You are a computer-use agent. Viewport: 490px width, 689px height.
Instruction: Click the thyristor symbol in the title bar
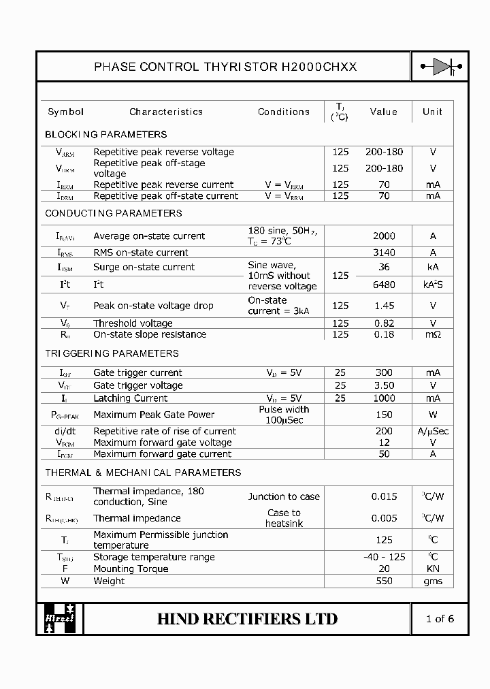pyautogui.click(x=440, y=66)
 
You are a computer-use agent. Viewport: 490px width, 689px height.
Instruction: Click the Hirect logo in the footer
pyautogui.click(x=59, y=618)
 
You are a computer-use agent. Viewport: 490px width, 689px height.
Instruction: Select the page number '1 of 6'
pyautogui.click(x=439, y=619)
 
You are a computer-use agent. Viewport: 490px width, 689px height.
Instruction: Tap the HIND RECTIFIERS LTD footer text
pyautogui.click(x=247, y=619)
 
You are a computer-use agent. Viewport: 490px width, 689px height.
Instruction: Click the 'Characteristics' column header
pyautogui.click(x=166, y=112)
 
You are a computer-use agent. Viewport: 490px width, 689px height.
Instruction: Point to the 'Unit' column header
pyautogui.click(x=432, y=112)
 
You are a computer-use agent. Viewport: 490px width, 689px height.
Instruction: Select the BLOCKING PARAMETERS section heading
pyautogui.click(x=105, y=134)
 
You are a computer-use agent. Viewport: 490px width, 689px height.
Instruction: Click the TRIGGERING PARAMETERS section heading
pyautogui.click(x=112, y=353)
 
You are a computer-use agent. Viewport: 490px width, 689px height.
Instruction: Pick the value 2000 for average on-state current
pyautogui.click(x=384, y=236)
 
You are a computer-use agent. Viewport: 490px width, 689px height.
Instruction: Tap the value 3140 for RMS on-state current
pyautogui.click(x=384, y=253)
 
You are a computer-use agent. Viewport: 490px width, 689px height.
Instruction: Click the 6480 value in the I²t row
pyautogui.click(x=384, y=285)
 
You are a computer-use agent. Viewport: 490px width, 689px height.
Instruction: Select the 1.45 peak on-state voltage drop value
pyautogui.click(x=384, y=306)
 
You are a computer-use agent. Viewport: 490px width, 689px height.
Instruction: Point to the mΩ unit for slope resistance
pyautogui.click(x=433, y=334)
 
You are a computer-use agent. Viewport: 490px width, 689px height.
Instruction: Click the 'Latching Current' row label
pyautogui.click(x=130, y=398)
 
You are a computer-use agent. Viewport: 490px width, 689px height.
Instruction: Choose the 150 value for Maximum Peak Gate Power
pyautogui.click(x=384, y=415)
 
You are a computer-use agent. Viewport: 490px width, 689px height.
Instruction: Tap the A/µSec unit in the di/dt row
pyautogui.click(x=433, y=431)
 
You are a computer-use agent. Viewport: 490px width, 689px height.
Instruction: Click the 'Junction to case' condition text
pyautogui.click(x=284, y=496)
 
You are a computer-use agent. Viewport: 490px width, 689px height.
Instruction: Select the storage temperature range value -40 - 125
pyautogui.click(x=384, y=557)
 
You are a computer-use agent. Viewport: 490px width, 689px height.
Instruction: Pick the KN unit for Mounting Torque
pyautogui.click(x=433, y=568)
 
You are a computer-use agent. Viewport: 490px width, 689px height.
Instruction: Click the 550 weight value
pyautogui.click(x=384, y=581)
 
